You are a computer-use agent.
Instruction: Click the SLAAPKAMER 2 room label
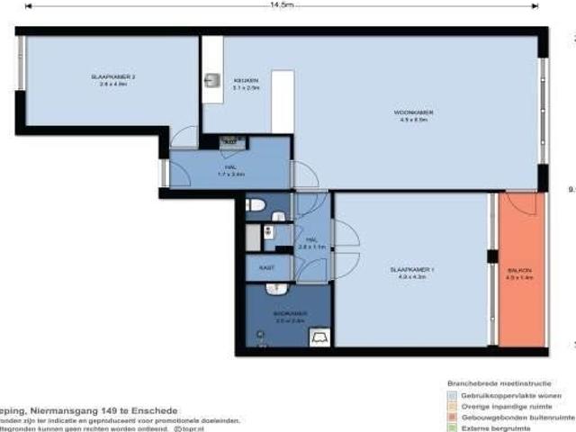point(112,78)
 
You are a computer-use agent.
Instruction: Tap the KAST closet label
point(267,266)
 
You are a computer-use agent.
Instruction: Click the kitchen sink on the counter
point(213,79)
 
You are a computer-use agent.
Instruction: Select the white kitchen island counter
point(283,100)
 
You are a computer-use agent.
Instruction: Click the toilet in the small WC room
point(256,205)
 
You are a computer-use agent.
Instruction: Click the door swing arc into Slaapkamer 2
point(184,137)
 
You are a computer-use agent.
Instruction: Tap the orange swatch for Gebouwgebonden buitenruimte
point(452,416)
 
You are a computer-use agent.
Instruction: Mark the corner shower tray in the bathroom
point(319,337)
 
